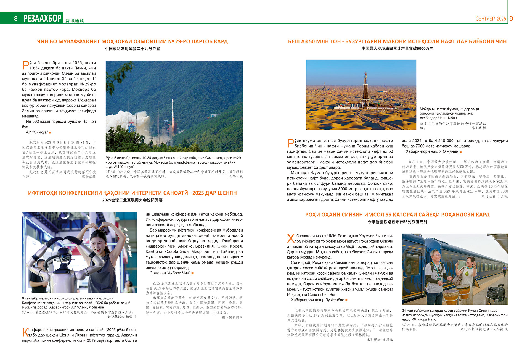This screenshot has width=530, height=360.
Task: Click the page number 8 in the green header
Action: [16, 19]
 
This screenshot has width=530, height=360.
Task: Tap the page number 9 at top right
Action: [511, 19]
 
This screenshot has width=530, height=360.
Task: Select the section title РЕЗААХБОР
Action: [43, 18]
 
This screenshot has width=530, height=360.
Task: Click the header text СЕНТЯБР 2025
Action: [491, 19]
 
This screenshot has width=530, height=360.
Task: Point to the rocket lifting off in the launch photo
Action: [173, 116]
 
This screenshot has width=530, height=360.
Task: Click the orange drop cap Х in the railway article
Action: [291, 238]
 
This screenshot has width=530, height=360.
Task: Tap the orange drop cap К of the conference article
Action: [25, 332]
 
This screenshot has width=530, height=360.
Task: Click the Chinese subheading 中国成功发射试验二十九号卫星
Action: [132, 49]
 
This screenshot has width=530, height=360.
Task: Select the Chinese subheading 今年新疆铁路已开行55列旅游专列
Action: [397, 222]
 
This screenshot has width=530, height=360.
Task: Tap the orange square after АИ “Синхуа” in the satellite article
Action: [50, 133]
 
